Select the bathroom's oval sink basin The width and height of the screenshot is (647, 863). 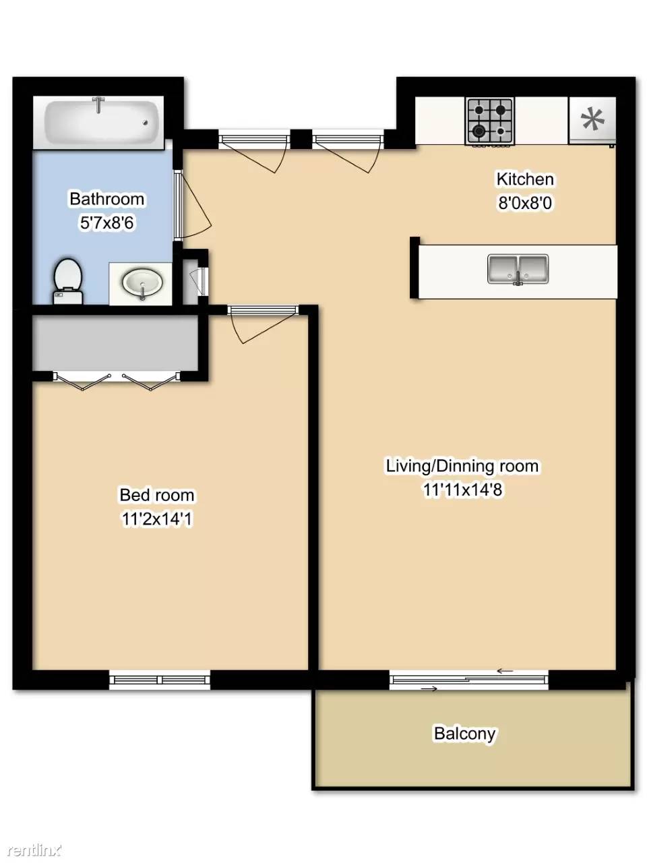(142, 282)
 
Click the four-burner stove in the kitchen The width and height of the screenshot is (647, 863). (490, 121)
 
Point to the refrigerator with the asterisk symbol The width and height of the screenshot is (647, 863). (592, 121)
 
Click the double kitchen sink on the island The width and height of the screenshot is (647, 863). (518, 269)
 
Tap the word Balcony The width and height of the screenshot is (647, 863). (464, 734)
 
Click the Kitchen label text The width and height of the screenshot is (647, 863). (525, 179)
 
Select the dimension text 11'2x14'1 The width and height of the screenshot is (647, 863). (157, 519)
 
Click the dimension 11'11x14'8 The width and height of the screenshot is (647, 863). (462, 490)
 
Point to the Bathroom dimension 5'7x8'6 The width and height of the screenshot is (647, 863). (106, 223)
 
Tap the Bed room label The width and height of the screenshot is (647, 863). (157, 495)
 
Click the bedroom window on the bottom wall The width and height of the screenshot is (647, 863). (160, 679)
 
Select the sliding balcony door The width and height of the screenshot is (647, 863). (469, 679)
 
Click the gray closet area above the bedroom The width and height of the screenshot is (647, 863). (115, 344)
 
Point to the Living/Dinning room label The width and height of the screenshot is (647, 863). (462, 466)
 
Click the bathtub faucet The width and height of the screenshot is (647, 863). (98, 105)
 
